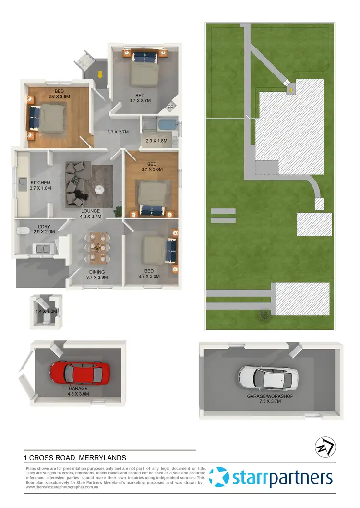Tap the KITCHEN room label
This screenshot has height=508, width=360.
(41, 183)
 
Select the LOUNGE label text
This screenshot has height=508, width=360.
(90, 211)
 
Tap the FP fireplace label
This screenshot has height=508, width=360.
(170, 107)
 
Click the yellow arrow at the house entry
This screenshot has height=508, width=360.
(100, 74)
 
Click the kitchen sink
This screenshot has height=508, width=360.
(22, 182)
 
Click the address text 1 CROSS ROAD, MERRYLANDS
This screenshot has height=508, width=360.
(75, 458)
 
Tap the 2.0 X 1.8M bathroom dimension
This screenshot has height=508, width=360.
(156, 141)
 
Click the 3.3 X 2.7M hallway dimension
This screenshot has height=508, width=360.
(118, 132)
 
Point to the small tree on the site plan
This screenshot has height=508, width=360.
(263, 315)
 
